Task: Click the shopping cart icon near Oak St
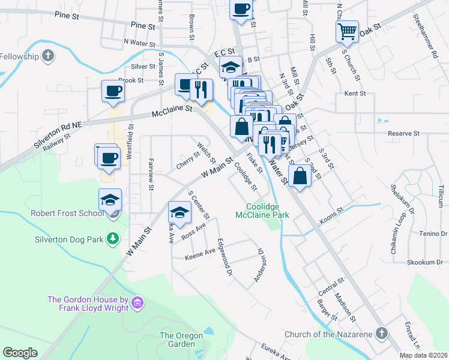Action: pyautogui.click(x=348, y=31)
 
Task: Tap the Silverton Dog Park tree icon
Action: pyautogui.click(x=112, y=239)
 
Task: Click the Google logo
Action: pyautogui.click(x=20, y=353)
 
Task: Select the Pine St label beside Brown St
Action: pyautogui.click(x=142, y=25)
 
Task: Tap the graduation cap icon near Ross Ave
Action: pyautogui.click(x=179, y=212)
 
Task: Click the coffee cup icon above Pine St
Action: pyautogui.click(x=241, y=9)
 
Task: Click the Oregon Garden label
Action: pyautogui.click(x=177, y=340)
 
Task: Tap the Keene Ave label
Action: pyautogui.click(x=200, y=254)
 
